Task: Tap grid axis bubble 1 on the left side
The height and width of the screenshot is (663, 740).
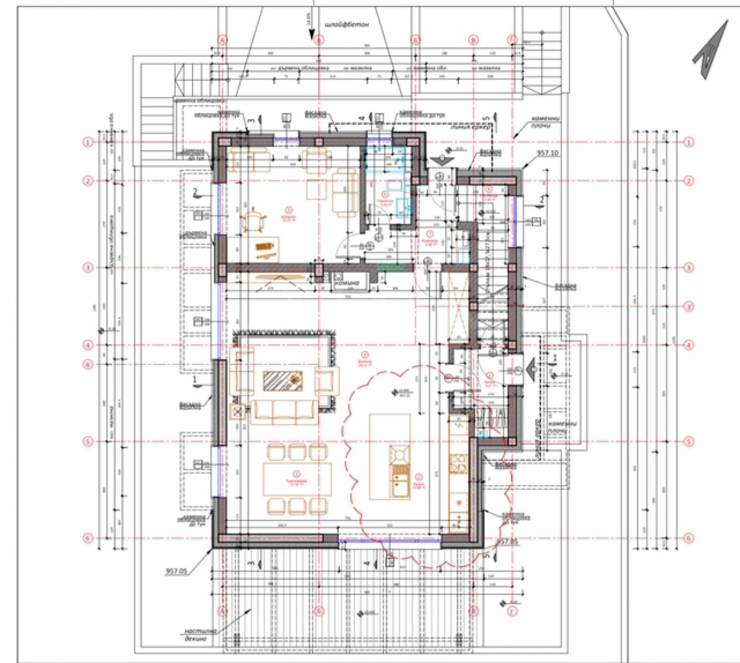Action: pyautogui.click(x=88, y=142)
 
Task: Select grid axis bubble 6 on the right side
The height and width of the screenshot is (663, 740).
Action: pyautogui.click(x=689, y=538)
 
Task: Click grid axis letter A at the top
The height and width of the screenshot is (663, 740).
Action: pyautogui.click(x=223, y=40)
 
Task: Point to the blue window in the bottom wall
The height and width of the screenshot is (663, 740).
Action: pyautogui.click(x=389, y=540)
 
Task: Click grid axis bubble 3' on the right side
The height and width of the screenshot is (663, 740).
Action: pyautogui.click(x=689, y=306)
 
